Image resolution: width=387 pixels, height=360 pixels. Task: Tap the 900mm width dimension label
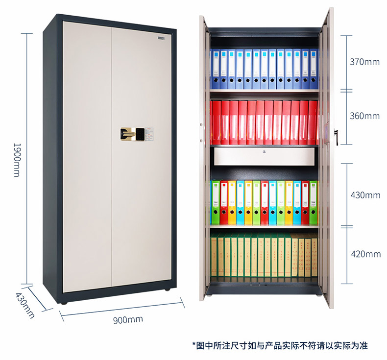pos(128,320)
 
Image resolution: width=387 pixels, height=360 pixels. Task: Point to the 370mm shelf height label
pos(364,62)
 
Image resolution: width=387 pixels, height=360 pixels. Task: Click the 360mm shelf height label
pos(364,116)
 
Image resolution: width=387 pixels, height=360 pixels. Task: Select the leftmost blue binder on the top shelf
pos(215,69)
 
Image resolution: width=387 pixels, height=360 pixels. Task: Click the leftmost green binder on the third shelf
pos(216,202)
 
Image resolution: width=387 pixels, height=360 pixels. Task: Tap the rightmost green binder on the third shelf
pos(313,202)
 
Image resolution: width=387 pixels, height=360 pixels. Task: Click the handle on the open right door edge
pos(336,134)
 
